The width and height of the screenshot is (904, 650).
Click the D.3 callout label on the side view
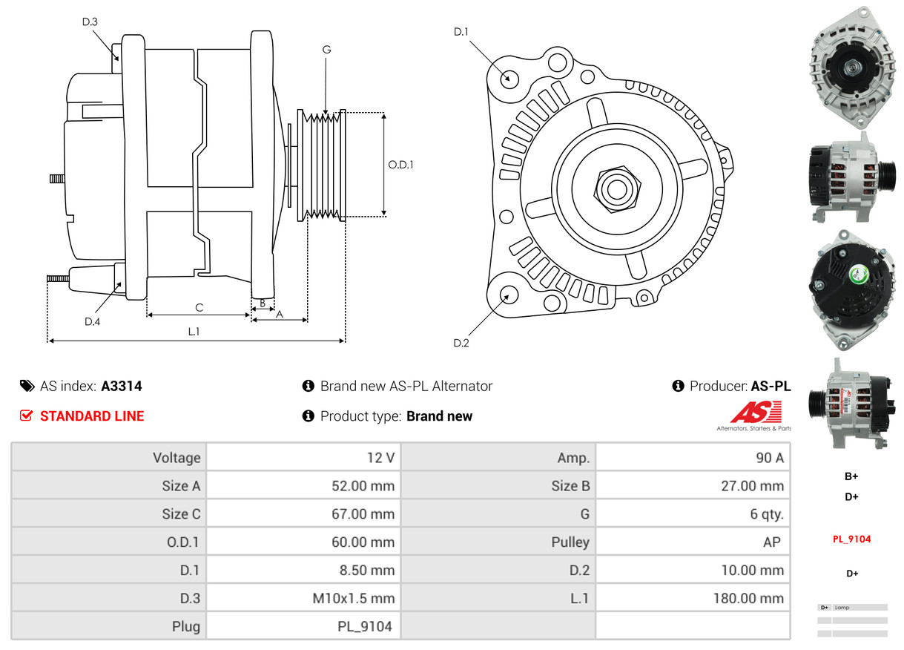click(x=90, y=22)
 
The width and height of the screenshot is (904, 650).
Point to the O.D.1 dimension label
click(x=400, y=165)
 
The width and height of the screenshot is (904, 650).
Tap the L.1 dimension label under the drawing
click(x=194, y=332)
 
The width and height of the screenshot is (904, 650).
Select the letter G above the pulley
click(x=326, y=50)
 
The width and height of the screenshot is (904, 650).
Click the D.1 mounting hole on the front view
click(x=509, y=78)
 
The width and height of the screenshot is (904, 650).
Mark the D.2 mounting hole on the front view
click(x=509, y=295)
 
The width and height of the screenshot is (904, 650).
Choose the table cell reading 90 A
click(x=769, y=458)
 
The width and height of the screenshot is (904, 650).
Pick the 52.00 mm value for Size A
click(x=363, y=486)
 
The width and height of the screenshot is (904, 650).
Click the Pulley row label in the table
click(x=570, y=542)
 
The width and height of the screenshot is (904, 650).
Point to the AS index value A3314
click(x=122, y=386)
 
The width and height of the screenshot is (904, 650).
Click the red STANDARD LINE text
click(x=92, y=416)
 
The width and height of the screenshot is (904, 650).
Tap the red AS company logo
click(x=756, y=413)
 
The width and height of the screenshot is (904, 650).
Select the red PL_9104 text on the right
click(x=851, y=539)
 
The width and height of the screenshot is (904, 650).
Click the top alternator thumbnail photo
click(x=851, y=69)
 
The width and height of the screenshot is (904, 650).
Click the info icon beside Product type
click(x=309, y=416)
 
